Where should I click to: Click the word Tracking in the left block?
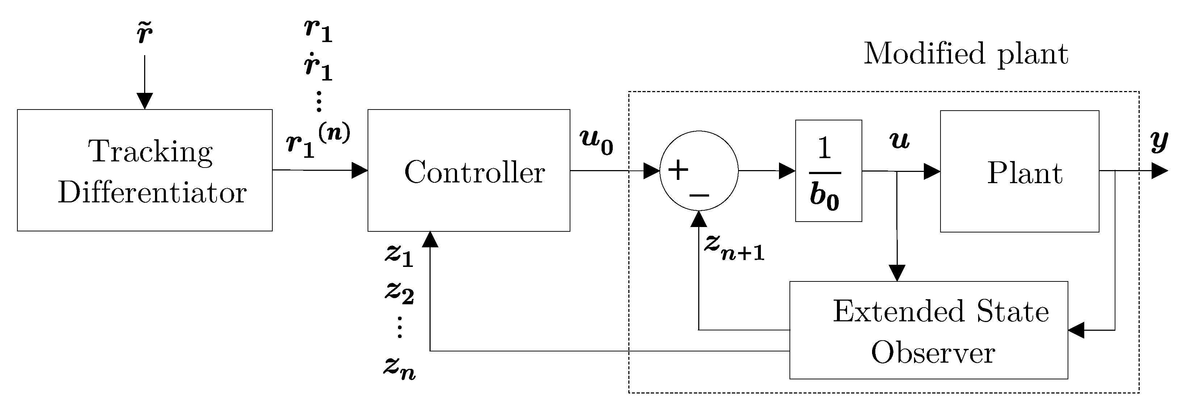(x=151, y=151)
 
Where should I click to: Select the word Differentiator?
(x=152, y=192)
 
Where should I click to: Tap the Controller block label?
(x=474, y=172)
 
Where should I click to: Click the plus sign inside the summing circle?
(x=678, y=170)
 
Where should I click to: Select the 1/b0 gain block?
(x=828, y=171)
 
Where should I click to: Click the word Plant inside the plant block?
(x=1025, y=173)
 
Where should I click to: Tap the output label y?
(x=1159, y=141)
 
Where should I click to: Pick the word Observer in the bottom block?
(x=933, y=353)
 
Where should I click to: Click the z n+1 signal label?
(x=734, y=247)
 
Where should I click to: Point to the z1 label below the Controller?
(x=399, y=256)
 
